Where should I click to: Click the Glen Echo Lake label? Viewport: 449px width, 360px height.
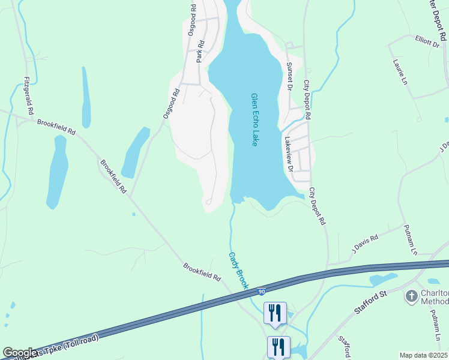pyautogui.click(x=255, y=119)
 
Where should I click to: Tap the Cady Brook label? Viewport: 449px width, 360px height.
pyautogui.click(x=238, y=271)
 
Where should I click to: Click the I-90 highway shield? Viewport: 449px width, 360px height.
pyautogui.click(x=262, y=292)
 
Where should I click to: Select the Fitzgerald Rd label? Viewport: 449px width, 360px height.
pyautogui.click(x=26, y=95)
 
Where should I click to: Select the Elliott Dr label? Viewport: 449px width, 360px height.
pyautogui.click(x=427, y=41)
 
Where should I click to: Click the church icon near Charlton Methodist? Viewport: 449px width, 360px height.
pyautogui.click(x=411, y=296)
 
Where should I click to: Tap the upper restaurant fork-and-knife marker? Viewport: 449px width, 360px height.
pyautogui.click(x=275, y=313)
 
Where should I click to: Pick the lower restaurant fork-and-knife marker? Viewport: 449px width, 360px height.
pyautogui.click(x=279, y=347)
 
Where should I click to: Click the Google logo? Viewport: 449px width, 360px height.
pyautogui.click(x=19, y=353)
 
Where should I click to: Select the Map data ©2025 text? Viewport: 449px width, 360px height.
pyautogui.click(x=423, y=355)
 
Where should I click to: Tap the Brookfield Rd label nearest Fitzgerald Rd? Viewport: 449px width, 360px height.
pyautogui.click(x=56, y=127)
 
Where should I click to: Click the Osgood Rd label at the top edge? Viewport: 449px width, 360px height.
pyautogui.click(x=192, y=19)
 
